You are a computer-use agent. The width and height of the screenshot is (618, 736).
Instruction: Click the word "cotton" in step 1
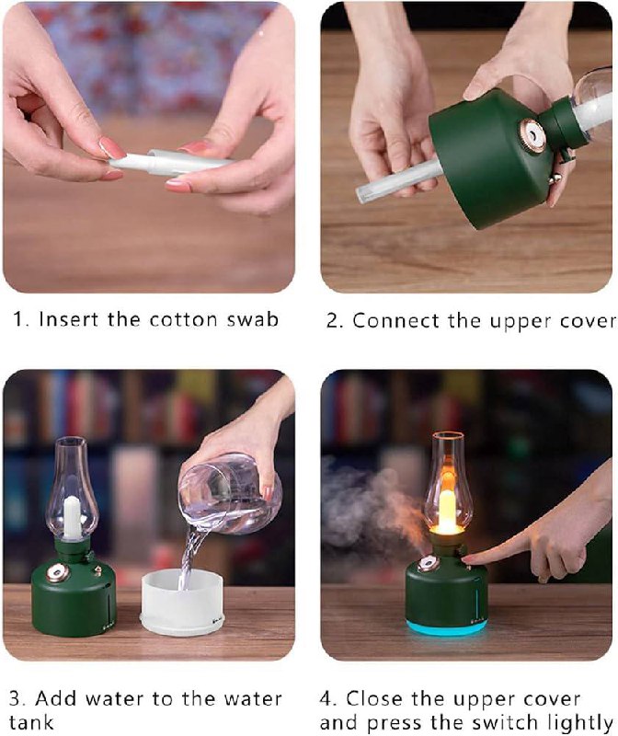pyautogui.click(x=184, y=319)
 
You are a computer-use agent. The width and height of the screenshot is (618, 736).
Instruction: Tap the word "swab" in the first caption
pyautogui.click(x=253, y=319)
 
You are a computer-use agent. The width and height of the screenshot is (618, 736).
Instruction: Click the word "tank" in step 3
pyautogui.click(x=31, y=721)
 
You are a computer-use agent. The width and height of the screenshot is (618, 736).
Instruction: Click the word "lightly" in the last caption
pyautogui.click(x=580, y=723)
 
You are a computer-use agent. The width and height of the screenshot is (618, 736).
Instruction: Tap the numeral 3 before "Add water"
pyautogui.click(x=15, y=699)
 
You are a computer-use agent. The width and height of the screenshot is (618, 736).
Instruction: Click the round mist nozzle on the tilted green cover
pyautogui.click(x=532, y=135)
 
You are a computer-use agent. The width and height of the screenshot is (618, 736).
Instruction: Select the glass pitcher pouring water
pyautogui.click(x=230, y=494)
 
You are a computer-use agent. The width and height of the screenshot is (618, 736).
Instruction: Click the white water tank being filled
pyautogui.click(x=182, y=603)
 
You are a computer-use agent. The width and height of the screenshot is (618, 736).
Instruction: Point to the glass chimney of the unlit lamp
pyautogui.click(x=72, y=489)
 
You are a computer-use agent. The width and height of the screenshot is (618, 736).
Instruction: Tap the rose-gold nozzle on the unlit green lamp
pyautogui.click(x=57, y=572)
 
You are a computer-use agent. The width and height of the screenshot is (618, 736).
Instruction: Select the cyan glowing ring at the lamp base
pyautogui.click(x=446, y=627)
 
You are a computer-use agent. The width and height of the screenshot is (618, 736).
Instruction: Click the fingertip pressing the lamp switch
pyautogui.click(x=469, y=559)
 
